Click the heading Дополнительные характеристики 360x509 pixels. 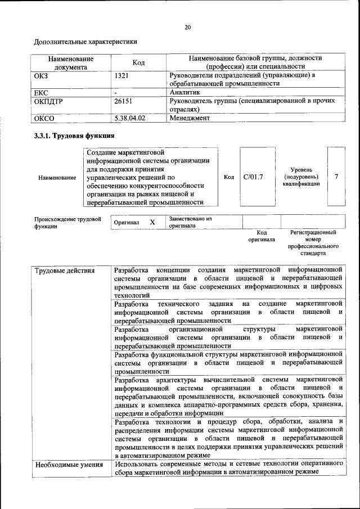(85, 42)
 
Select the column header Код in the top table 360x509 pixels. (138, 62)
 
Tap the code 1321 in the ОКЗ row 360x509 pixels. (122, 75)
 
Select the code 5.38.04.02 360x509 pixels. (129, 118)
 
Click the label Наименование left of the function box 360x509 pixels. (57, 178)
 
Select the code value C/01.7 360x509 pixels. (253, 177)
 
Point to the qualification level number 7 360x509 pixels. (336, 177)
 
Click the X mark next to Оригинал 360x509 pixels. (152, 222)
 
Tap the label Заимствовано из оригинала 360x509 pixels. (190, 222)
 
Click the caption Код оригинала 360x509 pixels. (262, 236)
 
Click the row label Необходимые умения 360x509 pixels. (69, 465)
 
